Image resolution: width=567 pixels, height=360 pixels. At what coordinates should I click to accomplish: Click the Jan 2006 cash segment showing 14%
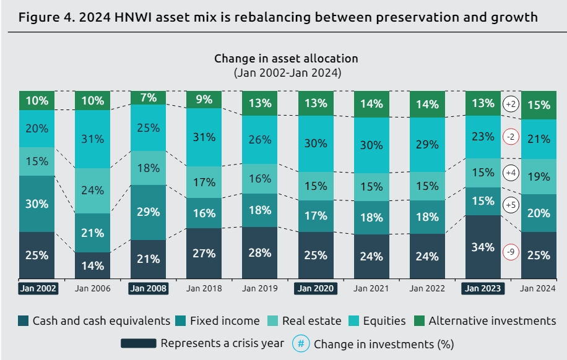[93, 265]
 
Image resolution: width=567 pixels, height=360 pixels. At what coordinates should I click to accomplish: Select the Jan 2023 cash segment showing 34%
[482, 247]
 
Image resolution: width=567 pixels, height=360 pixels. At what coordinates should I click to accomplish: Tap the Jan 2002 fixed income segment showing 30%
[37, 204]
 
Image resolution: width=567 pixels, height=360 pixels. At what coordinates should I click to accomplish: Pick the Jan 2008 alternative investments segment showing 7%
[149, 97]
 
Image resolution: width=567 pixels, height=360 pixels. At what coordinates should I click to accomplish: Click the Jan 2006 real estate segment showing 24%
[93, 190]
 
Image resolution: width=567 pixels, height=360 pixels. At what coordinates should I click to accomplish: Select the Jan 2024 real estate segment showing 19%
[539, 176]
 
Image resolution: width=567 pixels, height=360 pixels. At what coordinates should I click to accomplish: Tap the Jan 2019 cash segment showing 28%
[260, 252]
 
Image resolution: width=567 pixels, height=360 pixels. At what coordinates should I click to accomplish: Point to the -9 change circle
[511, 252]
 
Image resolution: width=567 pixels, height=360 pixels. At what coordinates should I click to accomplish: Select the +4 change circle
[511, 173]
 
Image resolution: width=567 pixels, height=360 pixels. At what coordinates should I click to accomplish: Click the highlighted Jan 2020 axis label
[315, 288]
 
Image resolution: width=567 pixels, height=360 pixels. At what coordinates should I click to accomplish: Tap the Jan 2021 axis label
[371, 288]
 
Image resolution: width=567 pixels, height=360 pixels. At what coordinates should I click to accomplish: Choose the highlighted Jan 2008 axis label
[149, 288]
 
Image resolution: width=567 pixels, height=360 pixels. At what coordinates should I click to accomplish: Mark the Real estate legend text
[311, 320]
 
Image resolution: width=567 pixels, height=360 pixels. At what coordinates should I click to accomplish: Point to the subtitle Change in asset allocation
[286, 59]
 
